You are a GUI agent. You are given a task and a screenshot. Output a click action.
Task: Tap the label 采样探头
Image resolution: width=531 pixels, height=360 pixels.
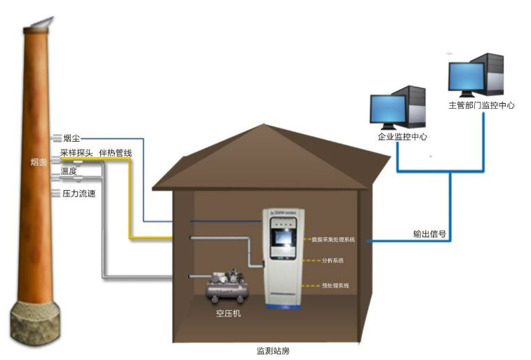tap(76, 153)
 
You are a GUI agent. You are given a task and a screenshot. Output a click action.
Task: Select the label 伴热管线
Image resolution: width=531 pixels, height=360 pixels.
tap(116, 153)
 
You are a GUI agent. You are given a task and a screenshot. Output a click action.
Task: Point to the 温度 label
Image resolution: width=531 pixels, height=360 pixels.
tap(68, 171)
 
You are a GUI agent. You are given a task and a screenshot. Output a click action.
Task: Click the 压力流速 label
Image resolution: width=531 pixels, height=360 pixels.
tap(78, 193)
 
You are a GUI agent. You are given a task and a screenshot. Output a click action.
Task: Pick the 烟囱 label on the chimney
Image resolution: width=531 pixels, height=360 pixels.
tap(39, 162)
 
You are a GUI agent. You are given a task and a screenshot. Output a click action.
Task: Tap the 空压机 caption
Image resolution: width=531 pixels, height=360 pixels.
tap(228, 314)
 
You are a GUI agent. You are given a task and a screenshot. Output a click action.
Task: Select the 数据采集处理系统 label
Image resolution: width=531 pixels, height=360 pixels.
tap(333, 240)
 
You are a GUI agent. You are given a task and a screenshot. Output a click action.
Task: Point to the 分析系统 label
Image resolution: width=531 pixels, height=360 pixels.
tap(333, 261)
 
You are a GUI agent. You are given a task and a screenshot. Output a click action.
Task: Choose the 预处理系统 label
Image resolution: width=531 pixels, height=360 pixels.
tap(335, 286)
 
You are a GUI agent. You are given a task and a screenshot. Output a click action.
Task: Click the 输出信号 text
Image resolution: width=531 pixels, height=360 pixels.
tap(430, 234)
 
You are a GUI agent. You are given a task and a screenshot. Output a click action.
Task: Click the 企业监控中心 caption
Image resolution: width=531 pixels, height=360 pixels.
tap(398, 136)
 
